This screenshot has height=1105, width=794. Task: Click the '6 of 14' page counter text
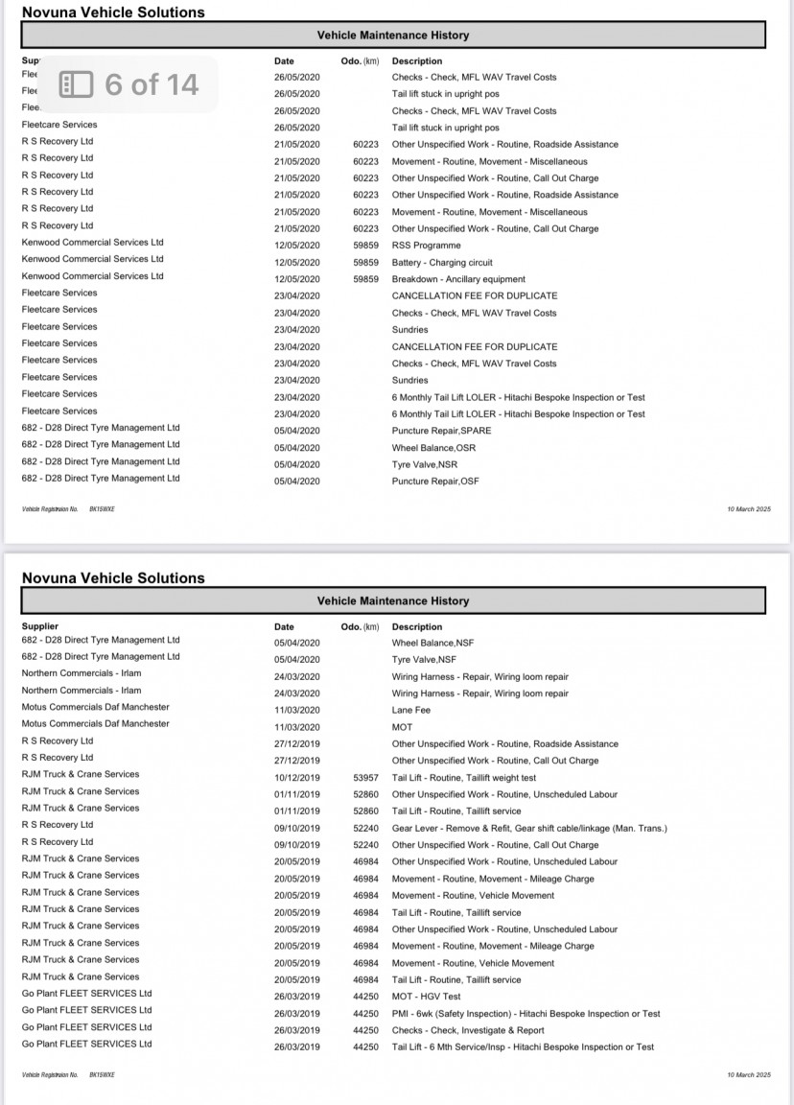[x=152, y=84]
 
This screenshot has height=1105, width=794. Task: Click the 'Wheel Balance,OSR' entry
[x=433, y=448]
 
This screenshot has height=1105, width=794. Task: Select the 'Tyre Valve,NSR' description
[x=427, y=464]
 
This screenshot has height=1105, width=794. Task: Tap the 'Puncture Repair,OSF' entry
[x=434, y=482]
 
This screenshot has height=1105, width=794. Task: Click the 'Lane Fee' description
[x=411, y=711]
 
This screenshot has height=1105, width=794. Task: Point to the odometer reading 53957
[x=365, y=778]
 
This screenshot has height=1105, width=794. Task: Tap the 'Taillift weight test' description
[x=464, y=778]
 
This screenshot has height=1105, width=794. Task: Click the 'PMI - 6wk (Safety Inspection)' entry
[x=525, y=1014]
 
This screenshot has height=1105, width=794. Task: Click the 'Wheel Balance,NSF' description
[x=432, y=643]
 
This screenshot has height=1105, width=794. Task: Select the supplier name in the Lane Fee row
[x=95, y=707]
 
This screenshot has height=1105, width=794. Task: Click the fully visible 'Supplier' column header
[x=40, y=625]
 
